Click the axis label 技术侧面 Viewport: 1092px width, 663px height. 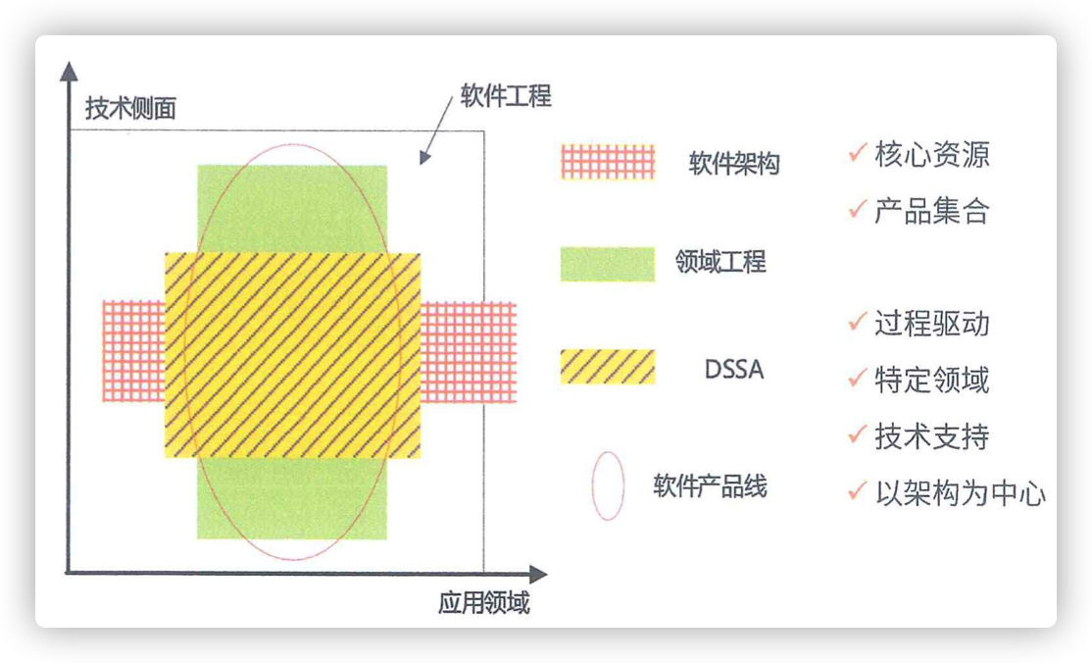[x=131, y=108]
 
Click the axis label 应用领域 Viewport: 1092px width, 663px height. [x=484, y=602]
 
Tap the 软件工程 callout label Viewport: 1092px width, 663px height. [x=506, y=95]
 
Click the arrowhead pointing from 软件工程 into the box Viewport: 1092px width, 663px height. [x=424, y=158]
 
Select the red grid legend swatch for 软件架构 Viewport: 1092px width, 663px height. [x=608, y=163]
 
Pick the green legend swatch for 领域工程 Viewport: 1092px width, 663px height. [x=608, y=264]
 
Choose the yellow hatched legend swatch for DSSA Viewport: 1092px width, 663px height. [x=608, y=367]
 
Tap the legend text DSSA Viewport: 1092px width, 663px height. [x=734, y=369]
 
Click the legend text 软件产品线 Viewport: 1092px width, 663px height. [x=710, y=485]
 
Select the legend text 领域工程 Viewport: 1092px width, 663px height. [x=720, y=262]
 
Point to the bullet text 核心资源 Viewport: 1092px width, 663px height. [x=932, y=154]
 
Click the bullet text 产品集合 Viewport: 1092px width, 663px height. [x=932, y=211]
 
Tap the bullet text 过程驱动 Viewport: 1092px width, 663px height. [x=932, y=324]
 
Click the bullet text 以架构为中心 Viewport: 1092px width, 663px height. [x=961, y=493]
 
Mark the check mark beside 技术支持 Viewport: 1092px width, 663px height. [x=858, y=433]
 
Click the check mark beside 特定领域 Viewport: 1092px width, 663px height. [x=858, y=378]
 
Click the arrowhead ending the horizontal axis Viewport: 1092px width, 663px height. [x=538, y=574]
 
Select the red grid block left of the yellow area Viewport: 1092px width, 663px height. [x=133, y=351]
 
